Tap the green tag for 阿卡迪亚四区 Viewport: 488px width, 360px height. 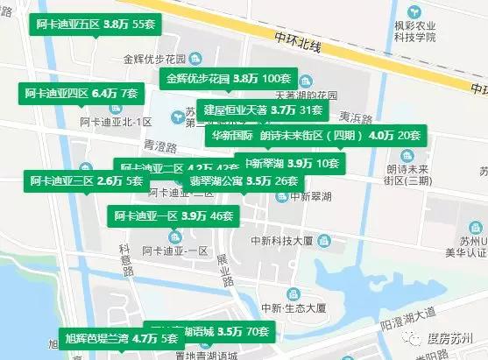[x=81, y=92]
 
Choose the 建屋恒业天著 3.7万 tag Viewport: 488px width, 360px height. [x=262, y=110]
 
